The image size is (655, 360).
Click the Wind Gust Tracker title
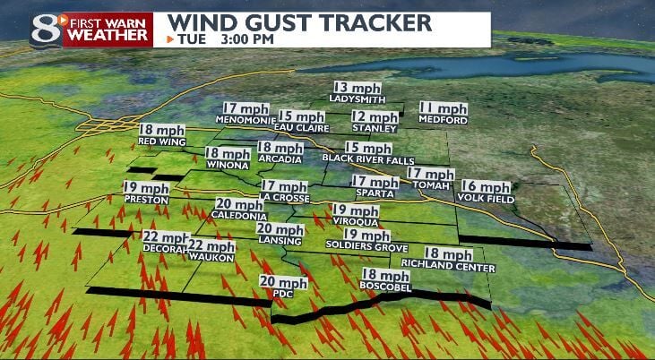299,21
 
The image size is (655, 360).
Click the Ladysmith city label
357,99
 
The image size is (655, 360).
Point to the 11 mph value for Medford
444,107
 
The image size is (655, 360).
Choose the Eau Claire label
300,128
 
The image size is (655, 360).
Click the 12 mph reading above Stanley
375,116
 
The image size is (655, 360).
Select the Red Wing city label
161,141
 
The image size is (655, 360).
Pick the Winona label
227,165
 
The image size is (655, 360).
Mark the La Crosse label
284,197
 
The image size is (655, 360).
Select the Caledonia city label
240,217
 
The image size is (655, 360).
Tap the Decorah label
166,248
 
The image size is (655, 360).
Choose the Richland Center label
448,267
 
